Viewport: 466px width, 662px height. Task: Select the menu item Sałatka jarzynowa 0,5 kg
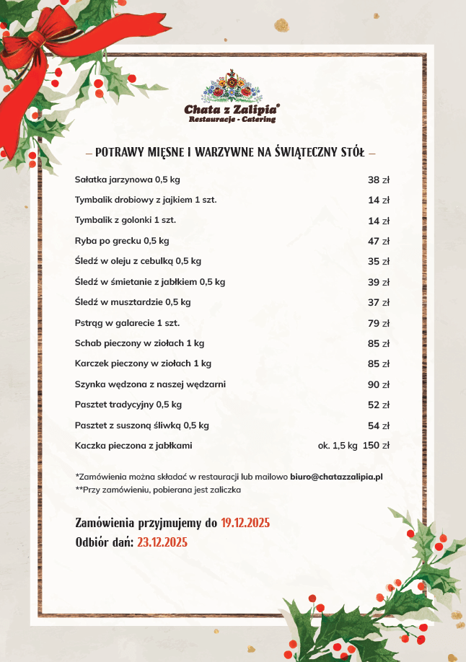(x=127, y=180)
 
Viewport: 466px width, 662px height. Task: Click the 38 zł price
(x=379, y=180)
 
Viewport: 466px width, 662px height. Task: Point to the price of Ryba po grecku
(x=379, y=241)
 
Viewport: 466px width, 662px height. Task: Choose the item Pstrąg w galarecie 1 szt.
(x=127, y=323)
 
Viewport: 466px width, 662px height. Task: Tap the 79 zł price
(x=379, y=323)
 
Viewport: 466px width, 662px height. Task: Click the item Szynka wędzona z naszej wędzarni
(x=150, y=384)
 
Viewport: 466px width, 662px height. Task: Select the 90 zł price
(x=379, y=384)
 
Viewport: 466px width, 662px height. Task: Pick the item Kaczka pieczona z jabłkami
(x=133, y=446)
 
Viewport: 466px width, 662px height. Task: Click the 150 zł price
(x=377, y=446)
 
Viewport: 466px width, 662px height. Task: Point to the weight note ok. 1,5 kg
(x=338, y=446)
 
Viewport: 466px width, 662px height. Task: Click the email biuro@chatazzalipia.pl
(x=336, y=477)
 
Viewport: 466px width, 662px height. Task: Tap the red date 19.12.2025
(x=245, y=523)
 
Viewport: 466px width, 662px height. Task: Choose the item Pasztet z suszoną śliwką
(x=141, y=425)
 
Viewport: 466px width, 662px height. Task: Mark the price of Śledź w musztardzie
(x=379, y=302)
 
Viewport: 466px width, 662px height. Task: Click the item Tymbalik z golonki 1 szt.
(x=126, y=220)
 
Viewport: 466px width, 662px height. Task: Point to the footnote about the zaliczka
(x=158, y=490)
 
